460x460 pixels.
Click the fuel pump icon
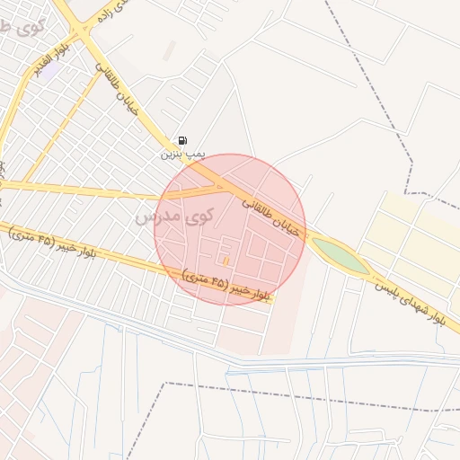183,140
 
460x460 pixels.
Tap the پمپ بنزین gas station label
183,155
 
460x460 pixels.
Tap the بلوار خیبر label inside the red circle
226,285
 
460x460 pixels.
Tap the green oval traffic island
341,256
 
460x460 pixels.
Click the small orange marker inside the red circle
225,261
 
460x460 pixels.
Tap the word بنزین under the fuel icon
171,155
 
